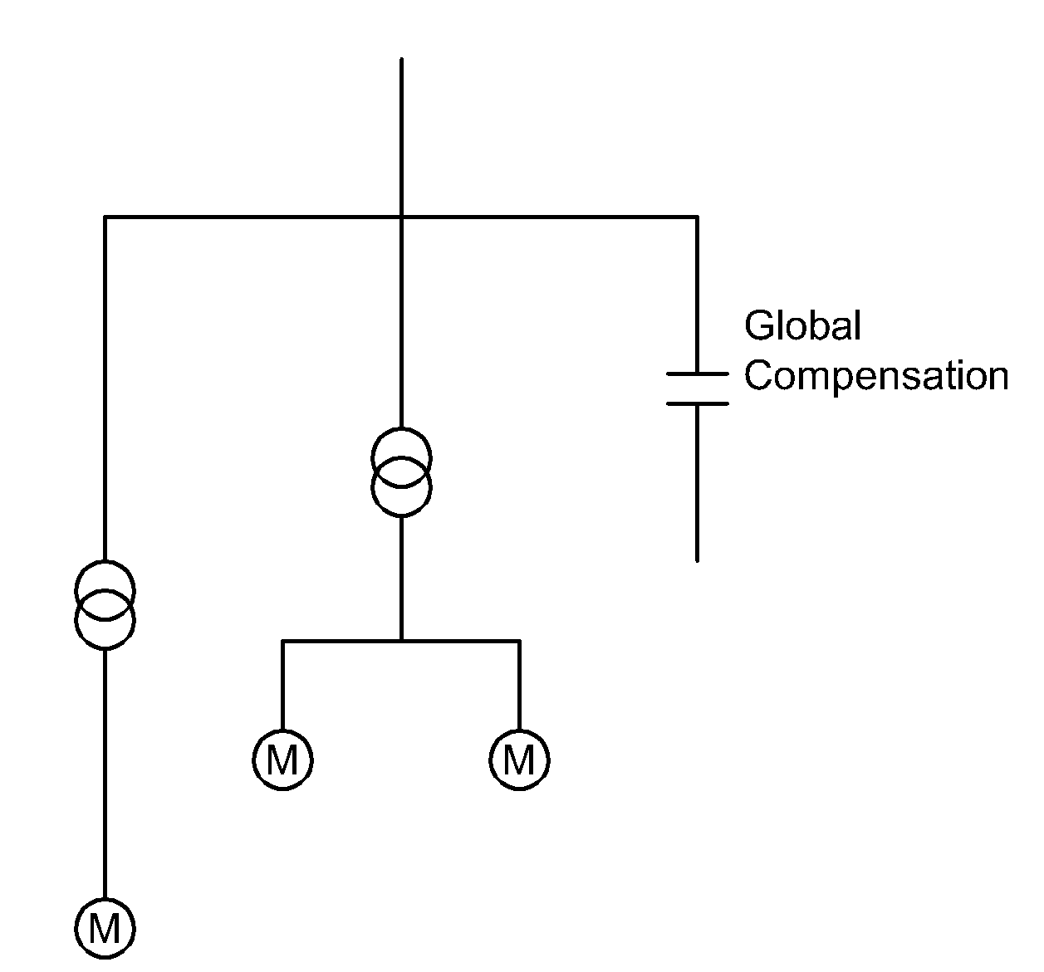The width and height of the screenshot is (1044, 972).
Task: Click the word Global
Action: [x=802, y=325]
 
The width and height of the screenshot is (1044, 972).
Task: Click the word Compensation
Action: [x=875, y=375]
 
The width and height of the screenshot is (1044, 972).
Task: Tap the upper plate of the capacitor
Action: [x=697, y=374]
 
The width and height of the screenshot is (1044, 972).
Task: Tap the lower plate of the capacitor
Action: [x=697, y=403]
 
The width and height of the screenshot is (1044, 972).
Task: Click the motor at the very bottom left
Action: [x=105, y=928]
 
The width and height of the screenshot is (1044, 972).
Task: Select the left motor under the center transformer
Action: [x=282, y=760]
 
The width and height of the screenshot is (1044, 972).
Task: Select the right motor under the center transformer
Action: [x=519, y=760]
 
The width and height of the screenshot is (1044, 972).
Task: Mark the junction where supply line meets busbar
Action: [x=401, y=217]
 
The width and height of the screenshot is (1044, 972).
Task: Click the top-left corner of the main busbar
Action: [x=105, y=217]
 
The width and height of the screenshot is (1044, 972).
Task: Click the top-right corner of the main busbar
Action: [x=697, y=217]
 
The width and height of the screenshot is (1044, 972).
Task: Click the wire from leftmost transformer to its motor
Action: [x=105, y=772]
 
